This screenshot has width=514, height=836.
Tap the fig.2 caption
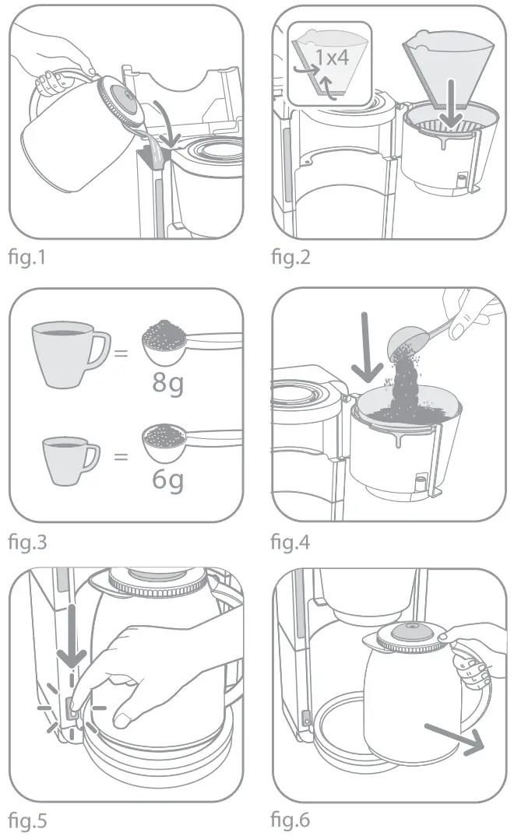[x=290, y=258]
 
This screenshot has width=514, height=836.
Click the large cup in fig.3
[x=69, y=356]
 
